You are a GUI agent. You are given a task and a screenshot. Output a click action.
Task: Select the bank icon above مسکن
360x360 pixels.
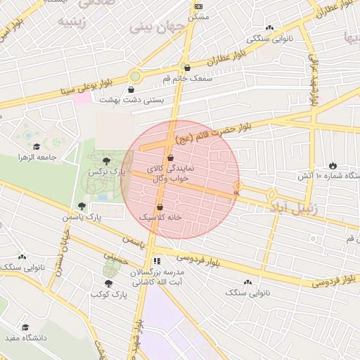(x=198, y=6)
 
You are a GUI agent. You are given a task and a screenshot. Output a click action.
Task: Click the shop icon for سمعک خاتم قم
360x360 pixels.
(x=187, y=68)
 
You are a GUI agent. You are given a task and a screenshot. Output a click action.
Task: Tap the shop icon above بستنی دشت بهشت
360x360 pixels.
(x=131, y=89)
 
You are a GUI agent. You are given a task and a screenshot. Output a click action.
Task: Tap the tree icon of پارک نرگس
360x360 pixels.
(x=106, y=161)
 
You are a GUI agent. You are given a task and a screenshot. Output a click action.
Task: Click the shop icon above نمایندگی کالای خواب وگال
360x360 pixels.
(x=170, y=159)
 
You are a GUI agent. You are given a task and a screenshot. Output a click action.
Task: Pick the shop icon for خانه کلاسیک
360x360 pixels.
(x=160, y=207)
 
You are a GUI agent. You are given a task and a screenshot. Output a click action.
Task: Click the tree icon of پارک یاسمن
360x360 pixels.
(x=82, y=206)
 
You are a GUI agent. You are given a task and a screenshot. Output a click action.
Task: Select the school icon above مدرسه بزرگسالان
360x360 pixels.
(x=156, y=261)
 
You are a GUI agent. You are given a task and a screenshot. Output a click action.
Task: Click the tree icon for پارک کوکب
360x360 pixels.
(x=108, y=283)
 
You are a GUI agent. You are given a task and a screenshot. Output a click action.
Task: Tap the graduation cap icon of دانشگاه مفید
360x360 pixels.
(x=26, y=327)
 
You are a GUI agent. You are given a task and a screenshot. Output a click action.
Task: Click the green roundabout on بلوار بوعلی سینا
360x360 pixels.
(x=135, y=76)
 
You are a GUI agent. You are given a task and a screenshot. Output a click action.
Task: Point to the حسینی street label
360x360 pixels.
(x=115, y=259)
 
